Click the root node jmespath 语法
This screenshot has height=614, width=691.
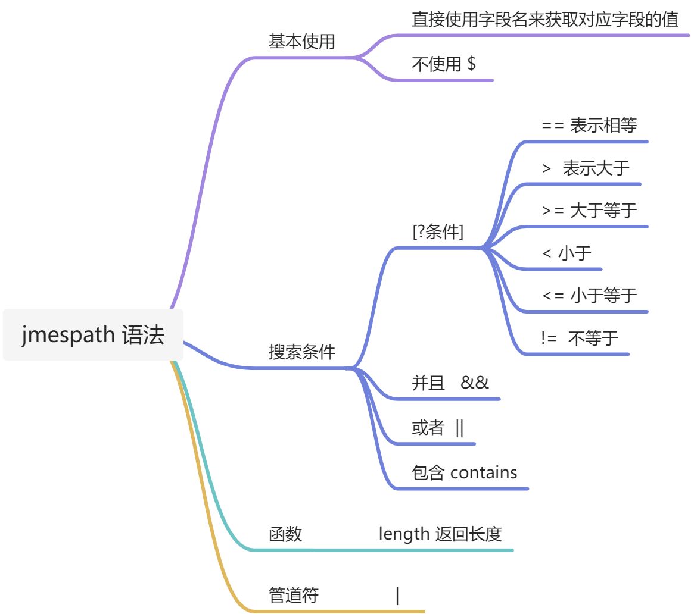pyautogui.click(x=93, y=335)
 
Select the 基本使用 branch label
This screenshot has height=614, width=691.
pyautogui.click(x=302, y=42)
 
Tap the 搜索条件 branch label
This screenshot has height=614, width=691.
pyautogui.click(x=302, y=352)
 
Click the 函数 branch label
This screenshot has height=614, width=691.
pyautogui.click(x=285, y=534)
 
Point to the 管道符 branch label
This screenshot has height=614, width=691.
pyautogui.click(x=294, y=595)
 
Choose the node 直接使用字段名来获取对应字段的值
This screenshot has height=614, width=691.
pyautogui.click(x=545, y=20)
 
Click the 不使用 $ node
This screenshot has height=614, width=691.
pyautogui.click(x=443, y=64)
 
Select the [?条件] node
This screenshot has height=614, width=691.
pyautogui.click(x=438, y=232)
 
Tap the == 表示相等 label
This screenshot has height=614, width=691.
pyautogui.click(x=589, y=126)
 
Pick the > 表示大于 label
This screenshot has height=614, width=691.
pyautogui.click(x=586, y=168)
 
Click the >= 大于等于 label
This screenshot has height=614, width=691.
pyautogui.click(x=589, y=210)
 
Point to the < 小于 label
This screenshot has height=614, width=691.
pyautogui.click(x=567, y=253)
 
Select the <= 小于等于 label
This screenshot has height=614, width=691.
pyautogui.click(x=589, y=295)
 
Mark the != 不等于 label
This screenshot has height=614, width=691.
pyautogui.click(x=580, y=339)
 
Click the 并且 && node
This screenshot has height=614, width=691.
pyautogui.click(x=450, y=383)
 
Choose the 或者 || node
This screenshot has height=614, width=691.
pyautogui.click(x=437, y=427)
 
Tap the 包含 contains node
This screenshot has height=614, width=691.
pyautogui.click(x=464, y=472)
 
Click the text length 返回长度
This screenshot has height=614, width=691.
pyautogui.click(x=440, y=534)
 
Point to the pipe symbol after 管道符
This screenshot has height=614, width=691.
pyautogui.click(x=397, y=595)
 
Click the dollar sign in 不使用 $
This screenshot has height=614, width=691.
pyautogui.click(x=471, y=64)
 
